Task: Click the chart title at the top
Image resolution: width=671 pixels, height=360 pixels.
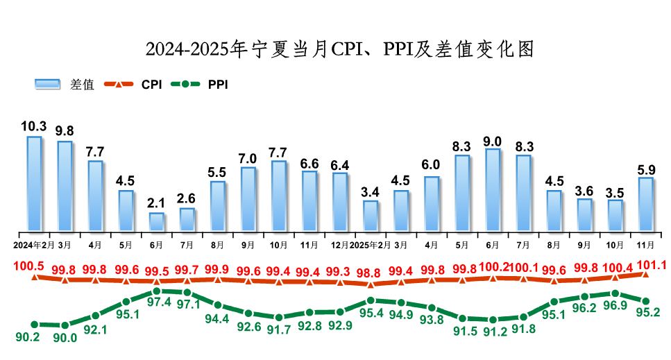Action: click(340, 49)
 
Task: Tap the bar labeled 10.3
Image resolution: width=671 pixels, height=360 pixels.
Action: click(34, 183)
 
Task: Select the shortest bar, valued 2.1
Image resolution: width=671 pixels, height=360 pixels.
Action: click(156, 221)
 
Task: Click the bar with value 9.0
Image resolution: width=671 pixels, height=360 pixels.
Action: click(493, 189)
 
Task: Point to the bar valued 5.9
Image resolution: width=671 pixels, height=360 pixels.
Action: click(645, 204)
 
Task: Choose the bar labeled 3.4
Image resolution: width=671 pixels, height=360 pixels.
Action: click(371, 215)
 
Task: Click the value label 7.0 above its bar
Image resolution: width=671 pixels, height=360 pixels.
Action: click(248, 157)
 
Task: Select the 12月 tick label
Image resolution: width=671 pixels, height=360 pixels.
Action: click(339, 245)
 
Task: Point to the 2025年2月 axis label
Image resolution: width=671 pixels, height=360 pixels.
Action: click(371, 245)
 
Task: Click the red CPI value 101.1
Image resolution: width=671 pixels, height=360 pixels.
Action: click(647, 264)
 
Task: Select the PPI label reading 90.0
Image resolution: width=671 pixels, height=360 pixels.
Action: click(65, 338)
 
